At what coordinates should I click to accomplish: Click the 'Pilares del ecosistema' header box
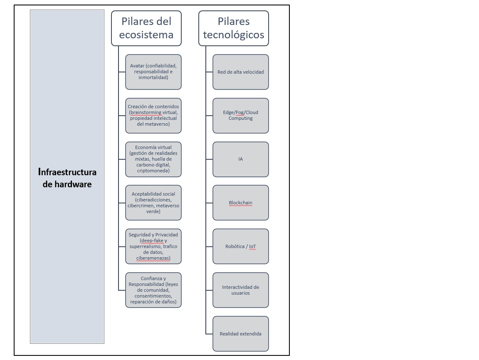pyautogui.click(x=146, y=28)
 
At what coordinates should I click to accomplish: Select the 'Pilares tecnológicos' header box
pyautogui.click(x=233, y=28)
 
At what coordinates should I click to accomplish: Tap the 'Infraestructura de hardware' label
pyautogui.click(x=67, y=178)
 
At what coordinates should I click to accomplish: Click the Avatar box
pyautogui.click(x=153, y=72)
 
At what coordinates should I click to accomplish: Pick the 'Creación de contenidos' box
pyautogui.click(x=153, y=115)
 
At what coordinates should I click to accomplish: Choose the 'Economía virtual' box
pyautogui.click(x=153, y=159)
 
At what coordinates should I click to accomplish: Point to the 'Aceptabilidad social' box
pyautogui.click(x=153, y=203)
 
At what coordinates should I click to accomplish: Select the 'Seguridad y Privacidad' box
pyautogui.click(x=153, y=246)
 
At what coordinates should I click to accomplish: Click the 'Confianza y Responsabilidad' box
pyautogui.click(x=153, y=290)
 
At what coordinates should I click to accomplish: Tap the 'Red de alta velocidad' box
pyautogui.click(x=240, y=72)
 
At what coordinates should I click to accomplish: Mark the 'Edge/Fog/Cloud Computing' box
pyautogui.click(x=240, y=115)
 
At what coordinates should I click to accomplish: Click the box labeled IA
pyautogui.click(x=240, y=159)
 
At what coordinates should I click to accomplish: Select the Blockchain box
pyautogui.click(x=240, y=203)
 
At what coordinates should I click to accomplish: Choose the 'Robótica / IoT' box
pyautogui.click(x=240, y=246)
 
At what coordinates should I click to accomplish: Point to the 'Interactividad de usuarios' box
pyautogui.click(x=240, y=290)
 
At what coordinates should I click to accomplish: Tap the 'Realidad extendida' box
pyautogui.click(x=240, y=334)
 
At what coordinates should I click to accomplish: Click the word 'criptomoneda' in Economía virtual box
pyautogui.click(x=153, y=171)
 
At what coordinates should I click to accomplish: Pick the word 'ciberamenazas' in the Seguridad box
pyautogui.click(x=153, y=258)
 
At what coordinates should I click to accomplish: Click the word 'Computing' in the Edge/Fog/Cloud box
pyautogui.click(x=240, y=118)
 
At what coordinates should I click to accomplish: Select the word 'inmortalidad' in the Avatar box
pyautogui.click(x=153, y=77)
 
